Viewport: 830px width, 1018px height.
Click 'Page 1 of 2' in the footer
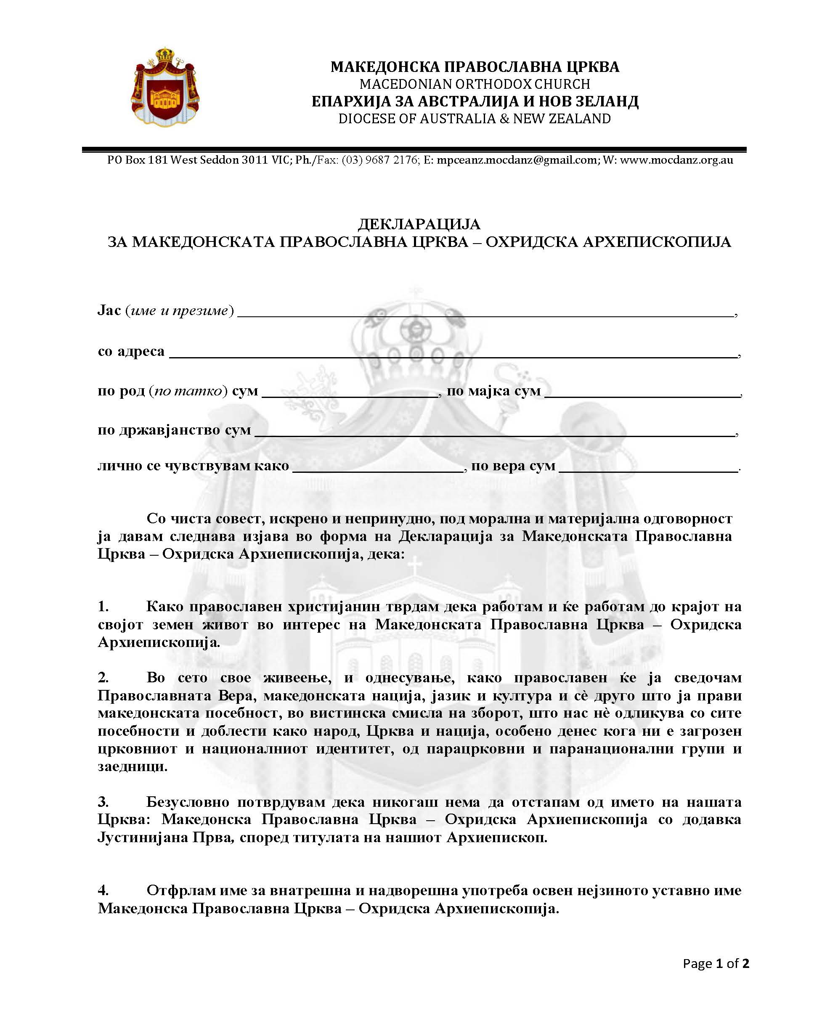(x=715, y=963)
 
